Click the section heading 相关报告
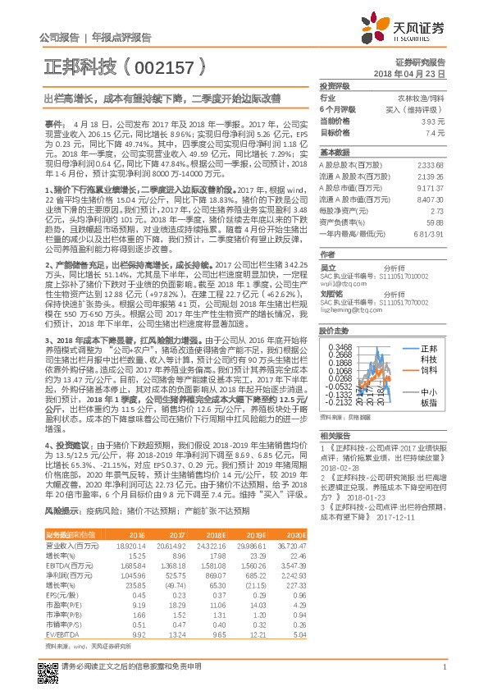click(335, 434)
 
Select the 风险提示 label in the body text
click(62, 487)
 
